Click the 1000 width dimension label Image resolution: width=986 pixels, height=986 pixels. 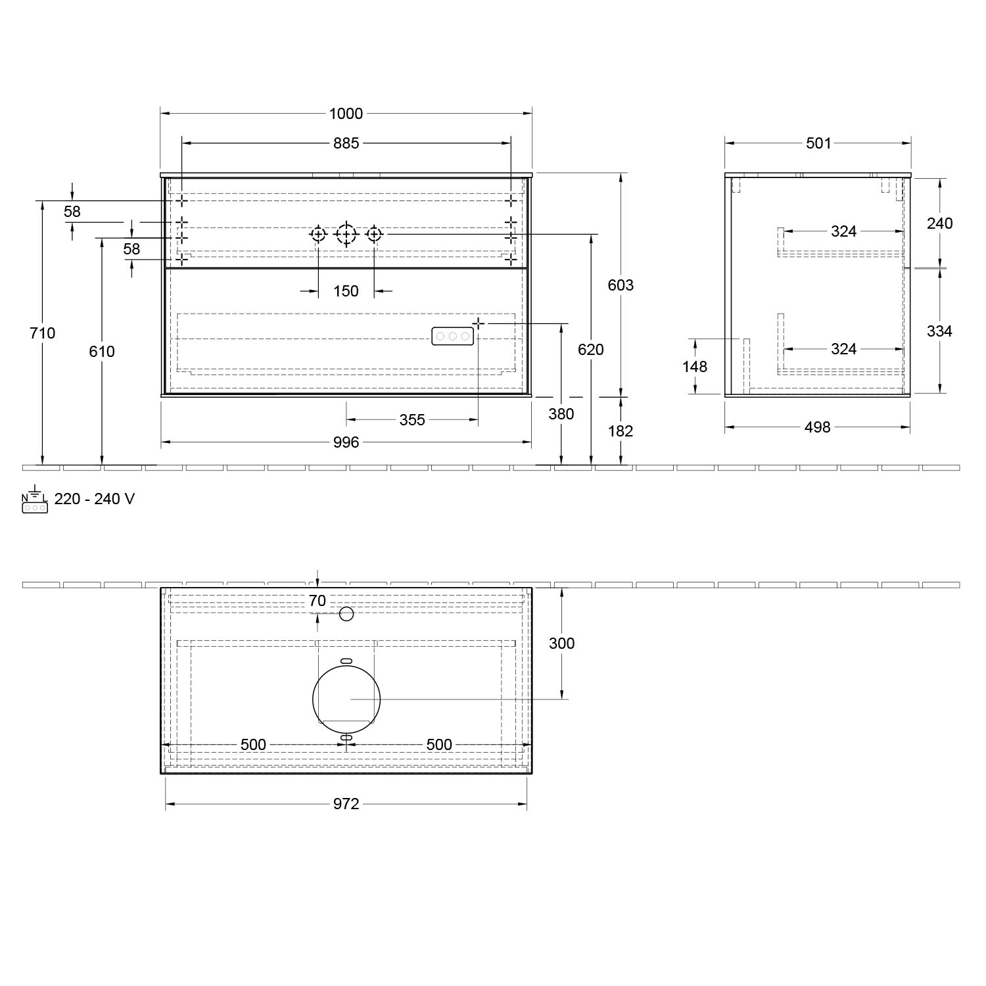(x=346, y=114)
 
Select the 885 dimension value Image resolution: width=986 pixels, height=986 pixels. (x=346, y=143)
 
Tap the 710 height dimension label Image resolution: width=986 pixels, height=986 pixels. (x=43, y=333)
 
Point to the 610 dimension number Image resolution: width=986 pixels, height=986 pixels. (x=102, y=352)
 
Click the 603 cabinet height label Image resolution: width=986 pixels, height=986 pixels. (x=621, y=285)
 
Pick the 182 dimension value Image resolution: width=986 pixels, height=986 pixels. (x=621, y=431)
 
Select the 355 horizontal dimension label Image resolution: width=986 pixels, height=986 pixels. (x=412, y=419)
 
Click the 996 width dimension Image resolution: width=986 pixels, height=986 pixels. (x=346, y=442)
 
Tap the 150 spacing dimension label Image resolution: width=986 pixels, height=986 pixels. (x=346, y=291)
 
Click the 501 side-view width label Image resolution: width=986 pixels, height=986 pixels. (x=818, y=143)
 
